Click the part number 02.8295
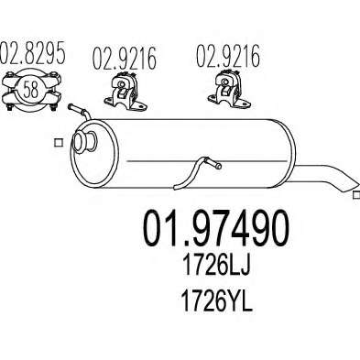tap(32, 52)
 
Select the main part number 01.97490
tap(216, 228)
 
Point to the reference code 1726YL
tap(217, 300)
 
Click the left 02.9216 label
tap(125, 58)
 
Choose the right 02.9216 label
tap(227, 56)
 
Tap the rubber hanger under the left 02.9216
tap(125, 92)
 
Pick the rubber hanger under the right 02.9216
tap(229, 90)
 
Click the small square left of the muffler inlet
tap(58, 143)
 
